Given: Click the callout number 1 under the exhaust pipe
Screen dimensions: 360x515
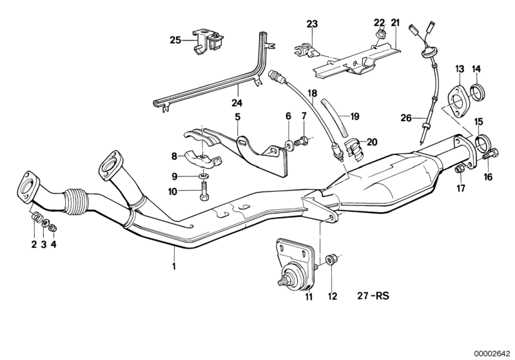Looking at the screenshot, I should tap(173, 265).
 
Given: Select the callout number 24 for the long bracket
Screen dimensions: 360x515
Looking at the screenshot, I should tap(237, 103).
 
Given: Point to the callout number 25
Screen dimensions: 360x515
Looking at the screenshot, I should tap(175, 40).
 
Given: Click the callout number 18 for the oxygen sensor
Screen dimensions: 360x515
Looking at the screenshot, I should tap(312, 93).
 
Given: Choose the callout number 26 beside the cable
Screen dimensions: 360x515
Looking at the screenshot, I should tap(405, 117).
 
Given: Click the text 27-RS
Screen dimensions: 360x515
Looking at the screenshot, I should tap(376, 298).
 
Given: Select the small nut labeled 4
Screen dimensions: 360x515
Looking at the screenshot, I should tap(54, 227).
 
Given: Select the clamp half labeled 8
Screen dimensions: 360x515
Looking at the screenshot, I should tap(200, 157).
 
